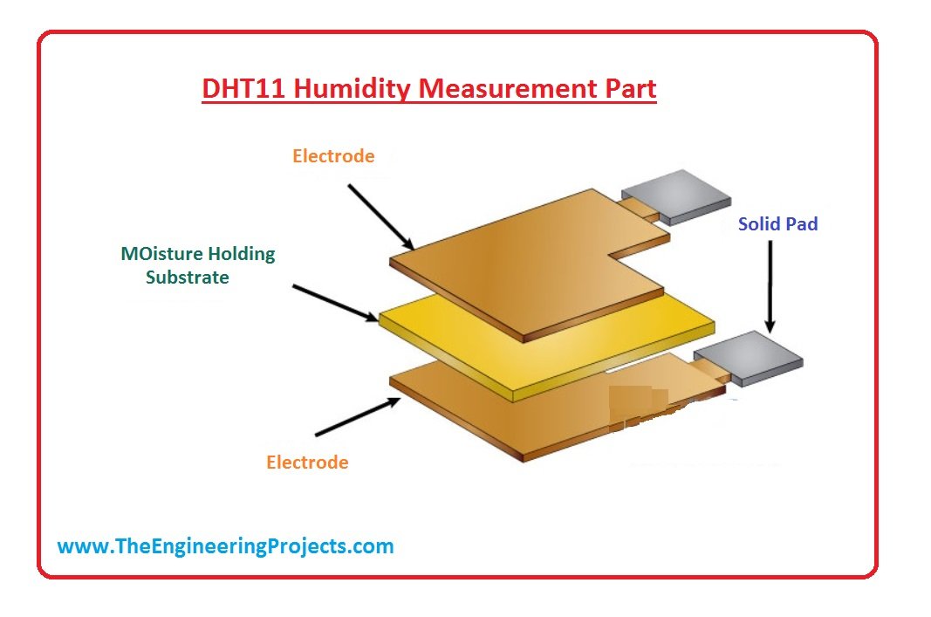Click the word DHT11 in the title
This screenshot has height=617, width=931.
(x=244, y=88)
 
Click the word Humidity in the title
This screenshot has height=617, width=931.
(x=353, y=89)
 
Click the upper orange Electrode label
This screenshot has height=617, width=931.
(x=333, y=155)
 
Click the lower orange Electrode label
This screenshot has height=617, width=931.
(x=307, y=462)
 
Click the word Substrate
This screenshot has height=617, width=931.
(x=188, y=278)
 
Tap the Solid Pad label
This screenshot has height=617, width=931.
(x=777, y=224)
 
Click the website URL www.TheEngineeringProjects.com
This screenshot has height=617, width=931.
(x=226, y=545)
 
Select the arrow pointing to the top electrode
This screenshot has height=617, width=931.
(x=380, y=216)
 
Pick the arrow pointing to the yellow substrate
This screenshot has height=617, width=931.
(x=335, y=303)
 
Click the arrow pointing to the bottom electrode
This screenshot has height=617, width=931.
(x=358, y=417)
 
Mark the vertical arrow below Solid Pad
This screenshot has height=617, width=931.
(x=770, y=286)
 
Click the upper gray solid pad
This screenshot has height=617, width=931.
(x=676, y=196)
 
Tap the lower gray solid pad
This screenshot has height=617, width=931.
(x=748, y=358)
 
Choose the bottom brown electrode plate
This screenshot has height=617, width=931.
(x=534, y=410)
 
